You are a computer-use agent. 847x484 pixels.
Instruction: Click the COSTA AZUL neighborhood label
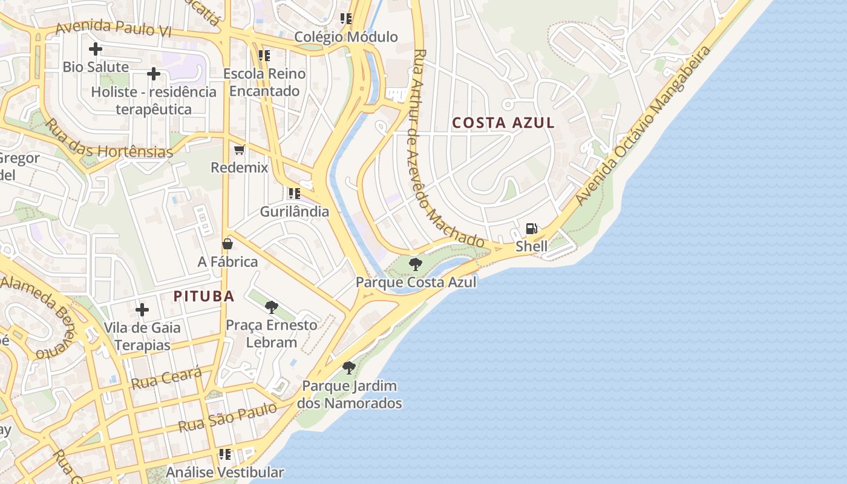(503, 123)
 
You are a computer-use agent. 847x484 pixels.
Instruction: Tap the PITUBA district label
(204, 296)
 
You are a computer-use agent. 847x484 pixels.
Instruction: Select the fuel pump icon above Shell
(531, 229)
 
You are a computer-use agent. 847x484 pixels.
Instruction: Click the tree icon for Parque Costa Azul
(415, 264)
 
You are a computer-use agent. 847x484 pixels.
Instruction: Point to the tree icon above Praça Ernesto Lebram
(272, 307)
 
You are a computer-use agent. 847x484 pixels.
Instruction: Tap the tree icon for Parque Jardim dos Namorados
(348, 367)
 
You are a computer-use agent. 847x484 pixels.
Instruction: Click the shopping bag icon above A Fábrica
(227, 244)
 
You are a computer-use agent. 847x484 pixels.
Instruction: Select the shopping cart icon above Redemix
(239, 149)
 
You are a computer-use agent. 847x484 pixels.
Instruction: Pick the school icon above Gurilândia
(294, 194)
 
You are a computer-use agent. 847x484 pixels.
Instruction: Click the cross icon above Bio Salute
(95, 49)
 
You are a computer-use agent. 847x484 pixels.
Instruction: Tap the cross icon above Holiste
(154, 74)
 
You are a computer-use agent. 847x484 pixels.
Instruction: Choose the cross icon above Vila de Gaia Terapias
(142, 310)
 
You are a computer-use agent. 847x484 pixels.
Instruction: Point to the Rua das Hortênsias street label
(109, 139)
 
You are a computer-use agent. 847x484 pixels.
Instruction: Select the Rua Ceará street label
(166, 378)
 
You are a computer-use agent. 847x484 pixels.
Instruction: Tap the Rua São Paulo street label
(227, 417)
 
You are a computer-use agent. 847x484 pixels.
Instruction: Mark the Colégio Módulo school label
(346, 37)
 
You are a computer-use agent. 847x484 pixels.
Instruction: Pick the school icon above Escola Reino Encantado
(264, 56)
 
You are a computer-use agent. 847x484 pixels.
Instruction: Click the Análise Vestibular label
(225, 473)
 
